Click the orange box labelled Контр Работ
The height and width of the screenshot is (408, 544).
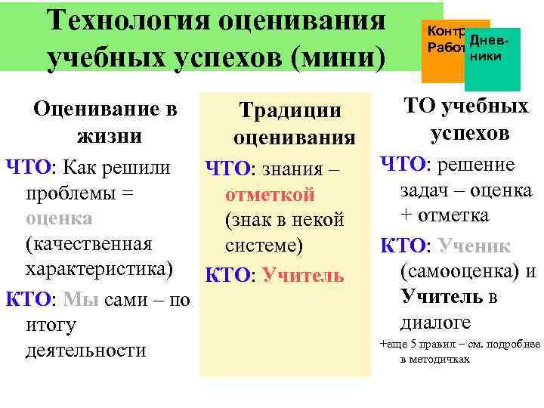pos(442,42)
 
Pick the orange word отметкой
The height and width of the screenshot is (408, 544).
pos(270,195)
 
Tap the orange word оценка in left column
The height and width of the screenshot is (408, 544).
pos(59,218)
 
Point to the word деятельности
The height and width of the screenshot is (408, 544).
pos(85,351)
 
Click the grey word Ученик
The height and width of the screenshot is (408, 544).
pos(474,246)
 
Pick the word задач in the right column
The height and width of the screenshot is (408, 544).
pos(422,190)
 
